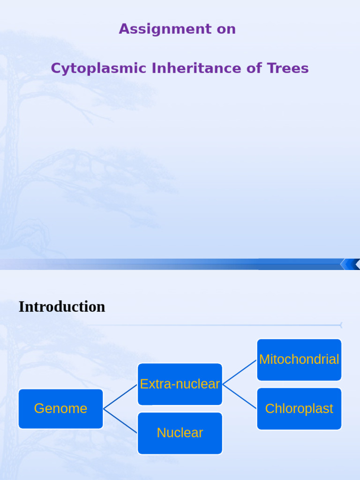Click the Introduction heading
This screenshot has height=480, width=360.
62,307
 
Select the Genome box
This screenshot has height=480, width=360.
60,409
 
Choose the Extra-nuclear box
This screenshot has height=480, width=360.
180,384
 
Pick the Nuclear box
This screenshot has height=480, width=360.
180,433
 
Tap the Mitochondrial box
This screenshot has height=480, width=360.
299,360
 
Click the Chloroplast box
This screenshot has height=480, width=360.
299,409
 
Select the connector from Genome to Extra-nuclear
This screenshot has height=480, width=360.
120,397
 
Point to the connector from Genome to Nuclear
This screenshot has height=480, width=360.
120,421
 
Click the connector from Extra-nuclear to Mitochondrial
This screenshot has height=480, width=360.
240,372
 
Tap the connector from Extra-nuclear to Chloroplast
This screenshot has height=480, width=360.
240,397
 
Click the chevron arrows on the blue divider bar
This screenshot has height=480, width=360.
350,264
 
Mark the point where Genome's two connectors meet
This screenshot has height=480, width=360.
104,409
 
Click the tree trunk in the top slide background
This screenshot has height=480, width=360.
10,141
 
